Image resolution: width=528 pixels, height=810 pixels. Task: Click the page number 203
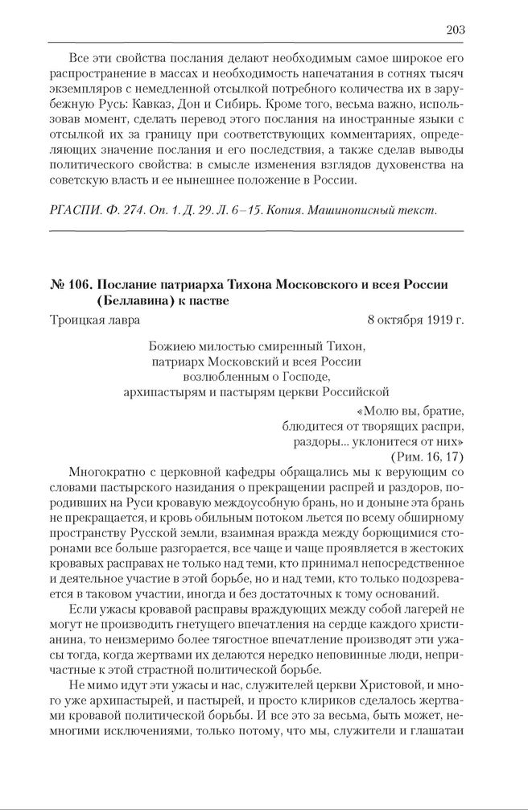pos(454,30)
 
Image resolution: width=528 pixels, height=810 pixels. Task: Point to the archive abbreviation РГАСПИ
pos(73,211)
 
